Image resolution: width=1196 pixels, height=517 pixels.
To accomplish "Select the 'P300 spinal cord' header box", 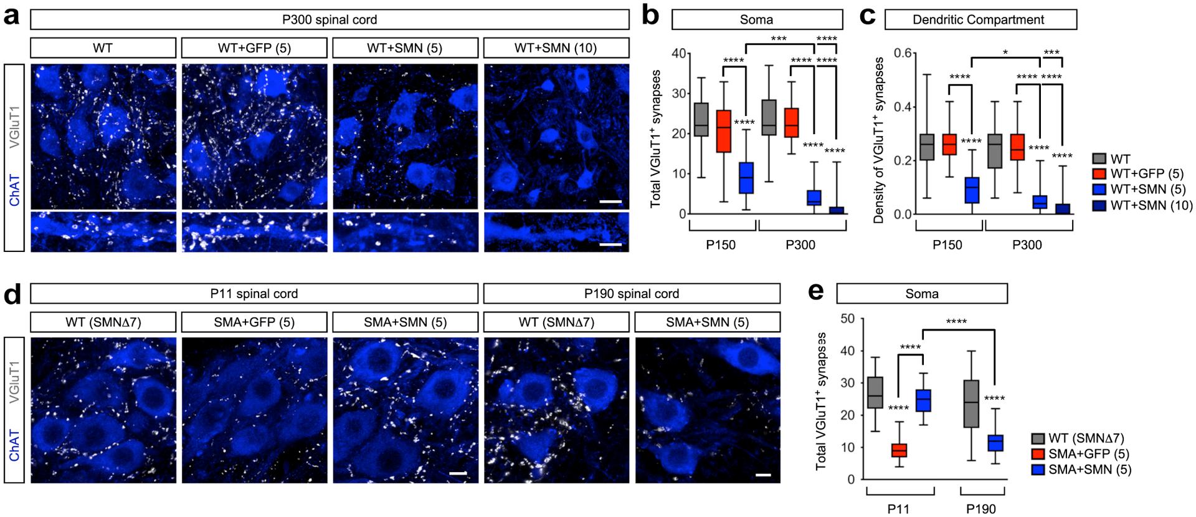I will tap(330, 19).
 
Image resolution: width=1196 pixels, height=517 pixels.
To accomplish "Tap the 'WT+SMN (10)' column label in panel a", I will tap(556, 47).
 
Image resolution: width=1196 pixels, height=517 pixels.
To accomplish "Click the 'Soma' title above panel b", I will tap(756, 19).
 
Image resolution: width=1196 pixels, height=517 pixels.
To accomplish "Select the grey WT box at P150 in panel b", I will tap(701, 120).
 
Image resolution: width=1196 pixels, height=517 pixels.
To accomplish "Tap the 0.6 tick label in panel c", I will tap(904, 54).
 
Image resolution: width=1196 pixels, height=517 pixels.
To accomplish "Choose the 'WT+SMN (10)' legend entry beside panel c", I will tap(1143, 205).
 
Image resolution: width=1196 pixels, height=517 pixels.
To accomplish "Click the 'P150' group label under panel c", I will tap(947, 245).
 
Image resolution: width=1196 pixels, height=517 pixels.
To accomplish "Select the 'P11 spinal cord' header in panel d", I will tap(254, 294).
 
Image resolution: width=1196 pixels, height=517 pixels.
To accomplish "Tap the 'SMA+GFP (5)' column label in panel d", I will tap(254, 322).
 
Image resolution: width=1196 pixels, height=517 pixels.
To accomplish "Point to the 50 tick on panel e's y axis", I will tap(847, 319).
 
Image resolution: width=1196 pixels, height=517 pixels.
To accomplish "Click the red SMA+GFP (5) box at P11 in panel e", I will tap(899, 450).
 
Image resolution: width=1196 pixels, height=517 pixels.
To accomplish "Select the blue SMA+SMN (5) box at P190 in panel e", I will tap(995, 443).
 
